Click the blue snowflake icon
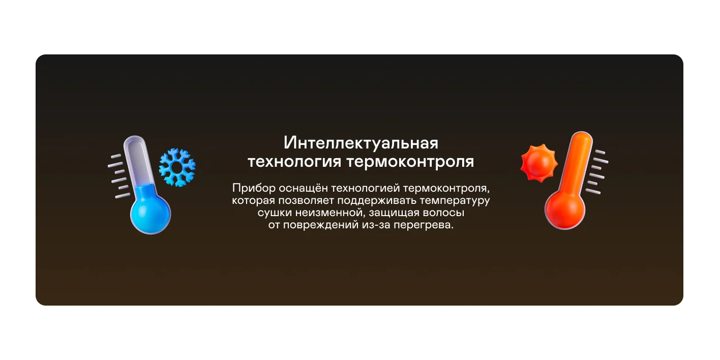[177, 167]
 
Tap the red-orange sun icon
[539, 163]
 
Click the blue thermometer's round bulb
[151, 214]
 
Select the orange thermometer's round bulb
[565, 209]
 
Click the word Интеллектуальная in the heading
[361, 143]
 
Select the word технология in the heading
[294, 161]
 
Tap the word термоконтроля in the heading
[410, 161]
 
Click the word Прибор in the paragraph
[254, 188]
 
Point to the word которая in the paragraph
[253, 200]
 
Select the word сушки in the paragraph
[275, 213]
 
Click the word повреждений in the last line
[321, 225]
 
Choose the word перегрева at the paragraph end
[424, 225]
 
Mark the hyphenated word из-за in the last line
[376, 225]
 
